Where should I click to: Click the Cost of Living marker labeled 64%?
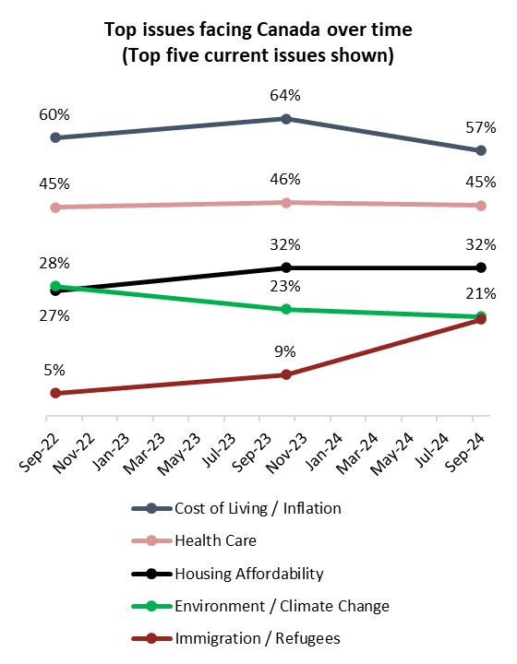pyautogui.click(x=286, y=119)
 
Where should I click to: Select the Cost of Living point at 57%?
pyautogui.click(x=481, y=150)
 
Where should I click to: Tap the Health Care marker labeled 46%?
pyautogui.click(x=286, y=203)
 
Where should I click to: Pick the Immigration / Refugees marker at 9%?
pyautogui.click(x=286, y=374)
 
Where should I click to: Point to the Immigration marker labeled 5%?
pyautogui.click(x=55, y=393)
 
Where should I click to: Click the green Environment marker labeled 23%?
pyautogui.click(x=286, y=309)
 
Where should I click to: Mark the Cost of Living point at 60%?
pyautogui.click(x=55, y=137)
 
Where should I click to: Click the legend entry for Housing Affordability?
pyautogui.click(x=248, y=574)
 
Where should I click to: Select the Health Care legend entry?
pyautogui.click(x=215, y=540)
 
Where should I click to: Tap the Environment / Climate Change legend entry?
pyautogui.click(x=281, y=606)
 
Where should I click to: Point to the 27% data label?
pyautogui.click(x=54, y=316)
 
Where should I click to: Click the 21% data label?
pyautogui.click(x=481, y=294)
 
